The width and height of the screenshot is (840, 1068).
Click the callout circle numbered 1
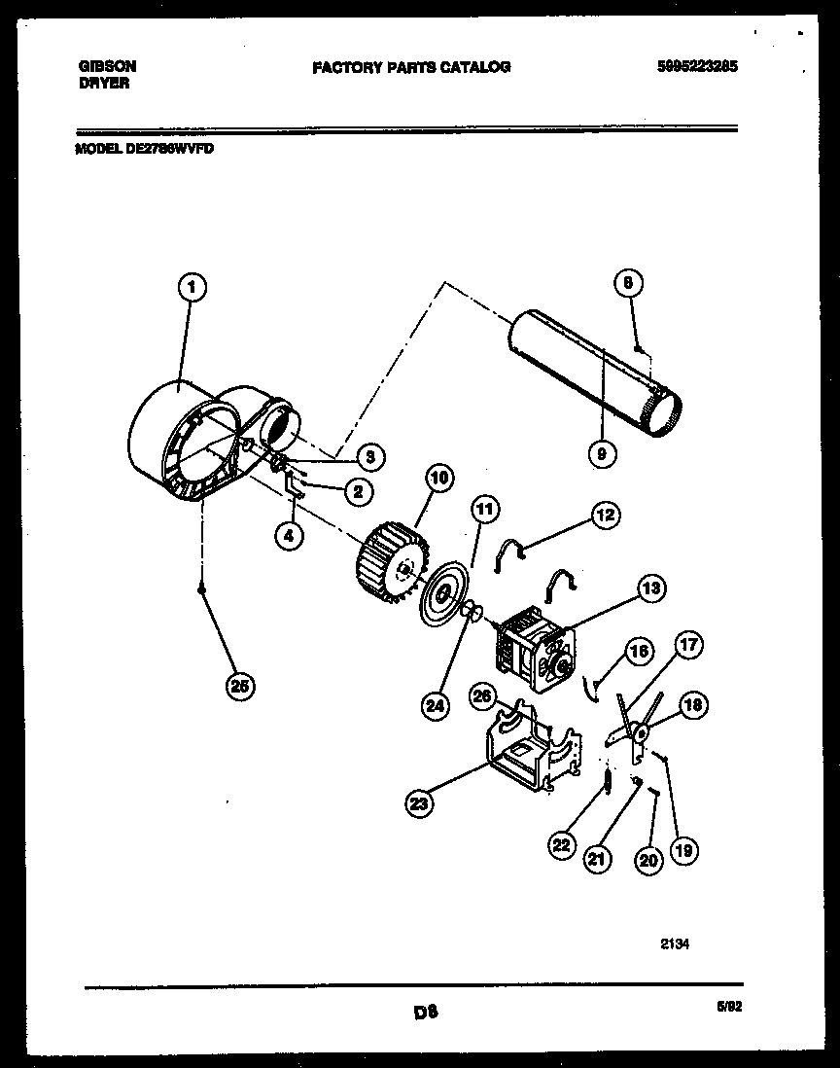click(x=192, y=287)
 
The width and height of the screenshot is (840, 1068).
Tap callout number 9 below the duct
click(x=602, y=451)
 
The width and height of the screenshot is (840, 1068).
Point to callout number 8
click(x=628, y=284)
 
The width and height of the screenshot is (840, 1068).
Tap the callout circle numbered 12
click(x=605, y=515)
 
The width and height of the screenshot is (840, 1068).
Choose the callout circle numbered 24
click(x=435, y=707)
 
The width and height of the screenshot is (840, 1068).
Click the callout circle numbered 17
click(x=688, y=645)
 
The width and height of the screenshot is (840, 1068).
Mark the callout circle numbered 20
click(x=648, y=859)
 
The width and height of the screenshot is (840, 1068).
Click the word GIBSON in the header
click(x=106, y=66)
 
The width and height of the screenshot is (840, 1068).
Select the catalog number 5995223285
click(x=696, y=66)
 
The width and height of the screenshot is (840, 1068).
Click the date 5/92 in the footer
click(x=728, y=1008)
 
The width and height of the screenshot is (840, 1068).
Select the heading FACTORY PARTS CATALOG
click(x=410, y=67)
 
